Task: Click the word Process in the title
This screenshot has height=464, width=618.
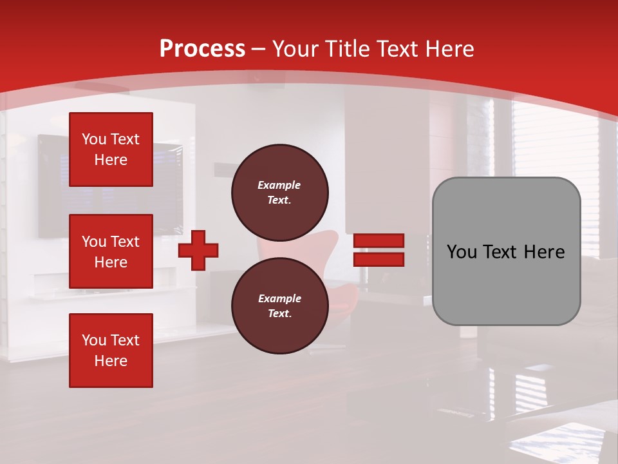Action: (x=202, y=49)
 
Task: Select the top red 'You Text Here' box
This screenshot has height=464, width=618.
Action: (x=111, y=150)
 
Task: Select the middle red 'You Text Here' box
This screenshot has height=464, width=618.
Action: (x=111, y=251)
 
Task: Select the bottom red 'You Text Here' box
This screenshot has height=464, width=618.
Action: (x=111, y=351)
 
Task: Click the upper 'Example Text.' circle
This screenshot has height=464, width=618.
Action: (x=279, y=193)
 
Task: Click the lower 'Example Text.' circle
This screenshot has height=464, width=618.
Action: (x=279, y=306)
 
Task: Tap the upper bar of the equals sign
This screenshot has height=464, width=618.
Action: (x=379, y=241)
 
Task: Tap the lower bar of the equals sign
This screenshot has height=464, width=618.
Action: (x=379, y=260)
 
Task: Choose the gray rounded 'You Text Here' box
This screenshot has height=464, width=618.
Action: (x=506, y=251)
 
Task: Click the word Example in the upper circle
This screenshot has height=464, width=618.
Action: (x=279, y=186)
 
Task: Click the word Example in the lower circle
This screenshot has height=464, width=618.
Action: (x=279, y=299)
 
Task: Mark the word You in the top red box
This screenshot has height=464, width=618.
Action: (x=94, y=139)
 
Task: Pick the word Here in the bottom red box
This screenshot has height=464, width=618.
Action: (x=111, y=361)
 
